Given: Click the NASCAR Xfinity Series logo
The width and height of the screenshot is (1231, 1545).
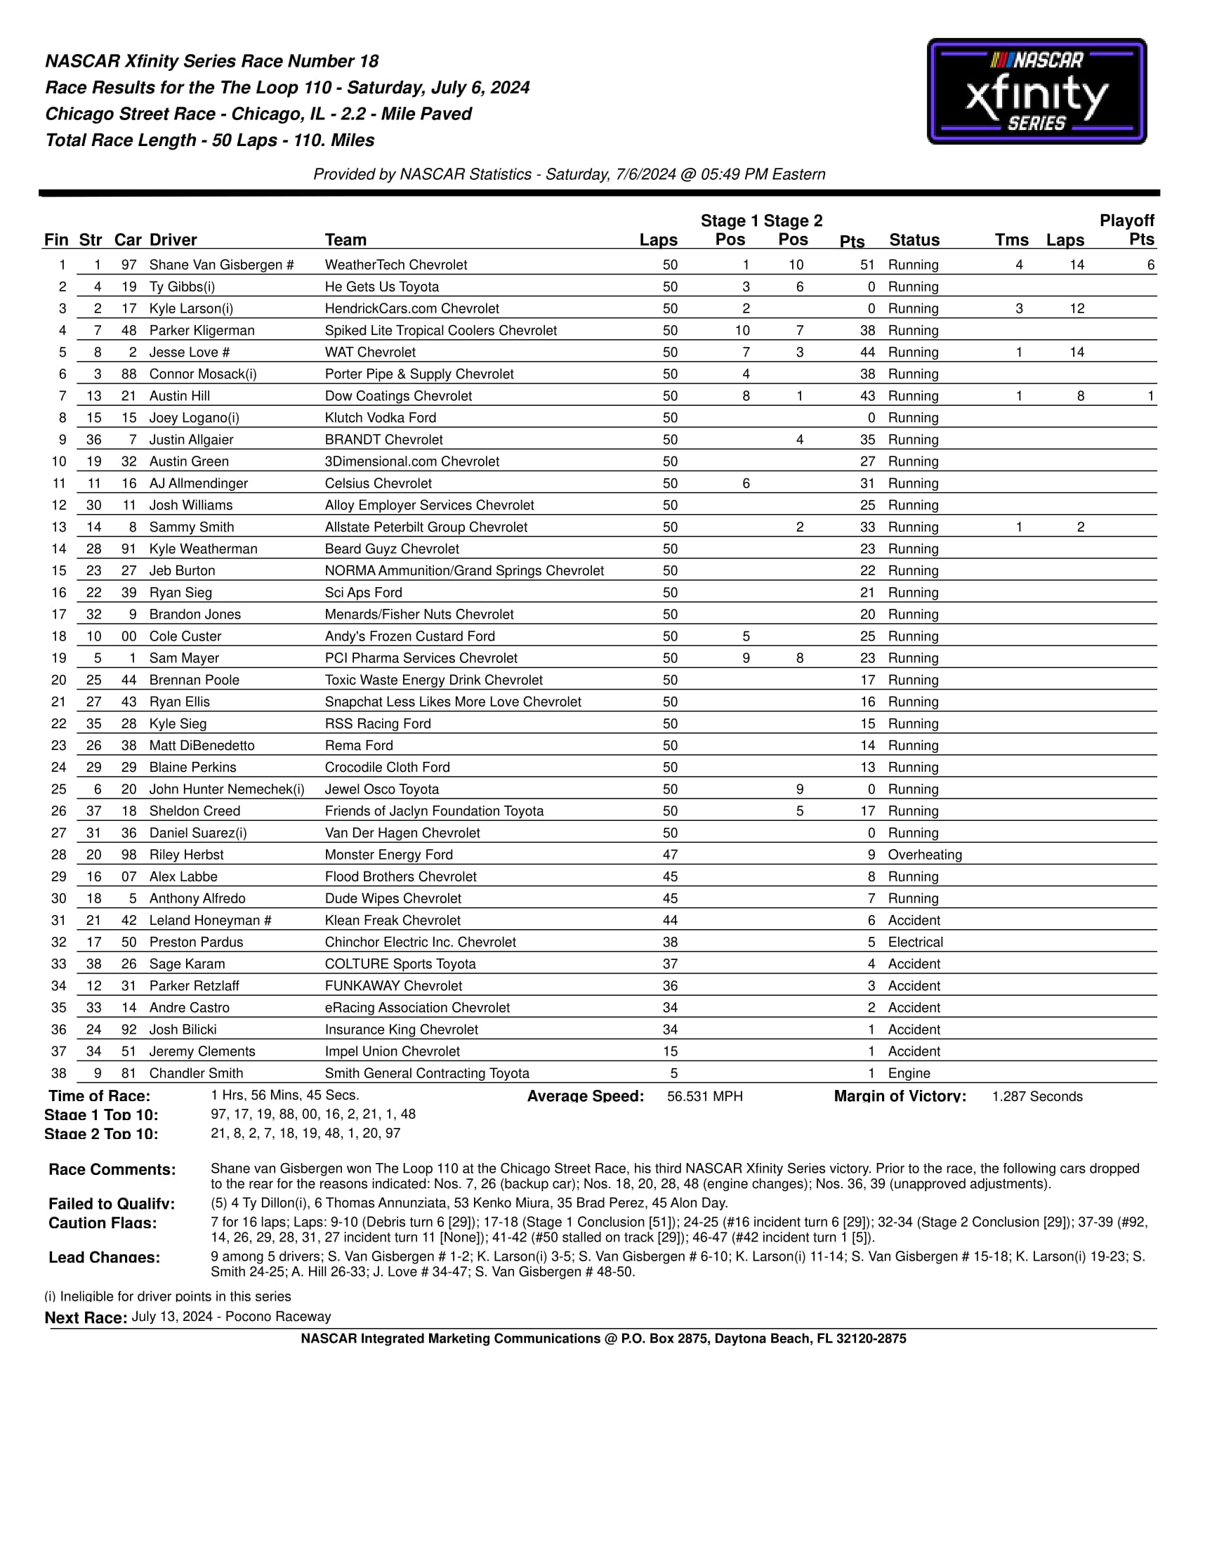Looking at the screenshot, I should pos(1036,91).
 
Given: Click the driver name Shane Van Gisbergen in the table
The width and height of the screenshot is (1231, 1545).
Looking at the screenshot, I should pos(221,265).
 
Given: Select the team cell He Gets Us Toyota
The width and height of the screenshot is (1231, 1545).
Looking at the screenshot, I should pos(381,287).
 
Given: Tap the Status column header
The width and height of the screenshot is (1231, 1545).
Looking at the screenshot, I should pos(914,240).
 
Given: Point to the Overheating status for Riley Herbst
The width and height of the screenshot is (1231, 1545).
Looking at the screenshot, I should pos(924,855).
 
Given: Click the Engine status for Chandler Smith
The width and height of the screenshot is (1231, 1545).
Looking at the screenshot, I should pos(909,1074).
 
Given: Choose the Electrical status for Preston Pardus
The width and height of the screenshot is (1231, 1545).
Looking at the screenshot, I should pos(915,942).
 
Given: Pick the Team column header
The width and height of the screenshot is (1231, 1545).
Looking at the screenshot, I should pos(345,240).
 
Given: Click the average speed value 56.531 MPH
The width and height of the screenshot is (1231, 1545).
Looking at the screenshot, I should pos(704,1096).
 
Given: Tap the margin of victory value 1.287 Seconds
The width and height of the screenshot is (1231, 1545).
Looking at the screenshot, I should pos(1036,1096).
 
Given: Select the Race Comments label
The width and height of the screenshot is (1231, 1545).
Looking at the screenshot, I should pos(112,1169).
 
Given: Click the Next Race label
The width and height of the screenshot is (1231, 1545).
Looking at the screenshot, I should pos(86,1318).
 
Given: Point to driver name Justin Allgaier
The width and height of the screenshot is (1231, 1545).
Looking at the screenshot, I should pos(191,440).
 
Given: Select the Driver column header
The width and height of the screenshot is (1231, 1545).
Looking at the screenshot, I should pos(173,240).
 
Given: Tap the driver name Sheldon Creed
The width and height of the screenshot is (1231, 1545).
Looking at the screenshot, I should pos(195,811).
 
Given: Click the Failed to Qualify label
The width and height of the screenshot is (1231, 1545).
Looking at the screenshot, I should pos(111,1204).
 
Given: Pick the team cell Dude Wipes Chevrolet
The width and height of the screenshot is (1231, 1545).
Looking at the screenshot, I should pos(393,899).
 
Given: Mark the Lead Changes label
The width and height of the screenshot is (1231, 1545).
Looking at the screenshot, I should pos(104,1258).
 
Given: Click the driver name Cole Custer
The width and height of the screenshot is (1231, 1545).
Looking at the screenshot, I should pos(185,636).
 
